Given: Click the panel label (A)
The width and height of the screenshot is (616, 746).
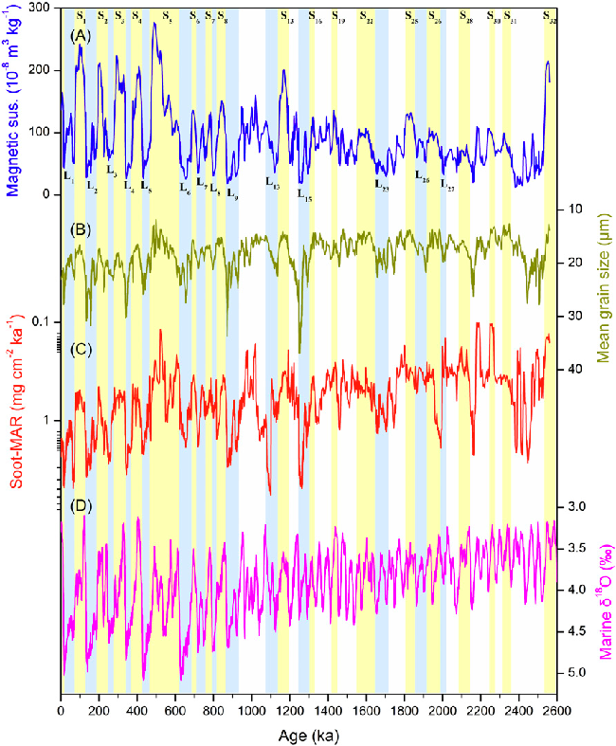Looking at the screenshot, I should point(82,36).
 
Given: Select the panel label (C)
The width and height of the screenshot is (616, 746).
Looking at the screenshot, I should point(82,349).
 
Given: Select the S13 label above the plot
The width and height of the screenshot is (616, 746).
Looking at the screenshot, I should point(286,17).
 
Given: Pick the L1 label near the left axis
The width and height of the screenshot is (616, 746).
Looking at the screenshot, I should point(68,174).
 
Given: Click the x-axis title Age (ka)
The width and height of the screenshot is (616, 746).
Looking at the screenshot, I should point(308,735).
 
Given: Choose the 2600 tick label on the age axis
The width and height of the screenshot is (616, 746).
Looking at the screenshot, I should point(556,710).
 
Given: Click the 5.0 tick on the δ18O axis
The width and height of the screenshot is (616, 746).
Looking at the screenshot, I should point(575,673).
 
